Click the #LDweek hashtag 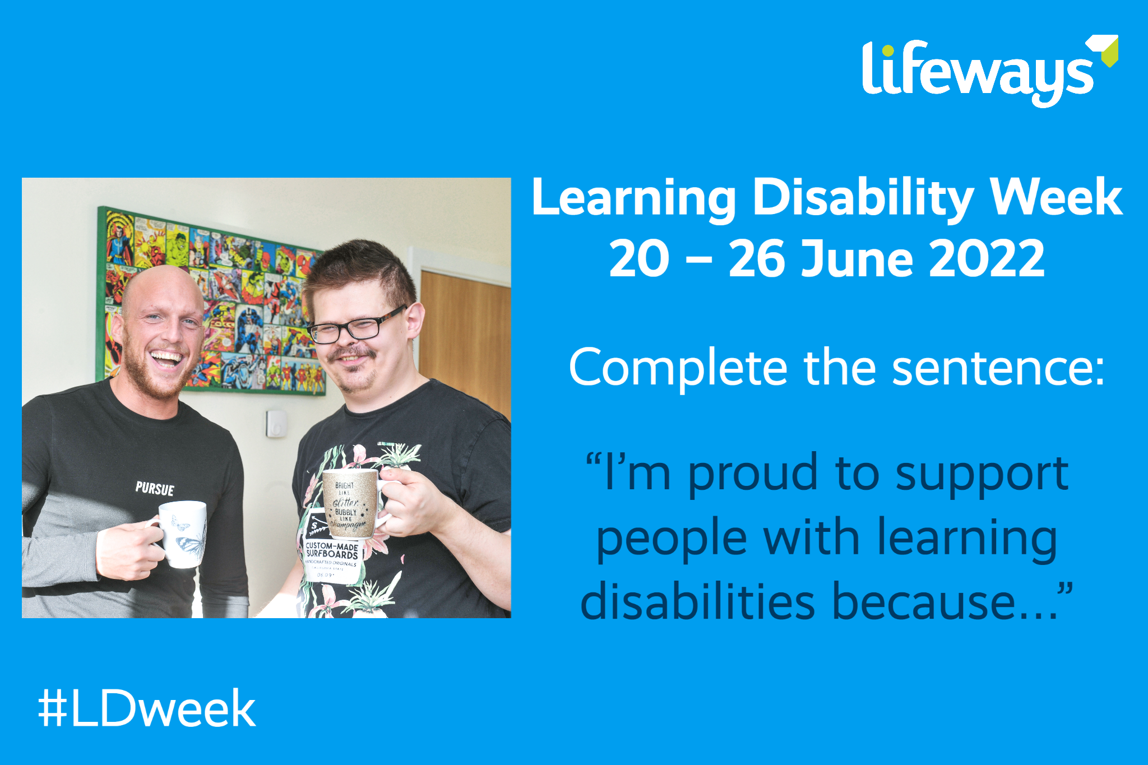coord(147,709)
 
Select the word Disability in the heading coord(863,198)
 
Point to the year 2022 coord(987,259)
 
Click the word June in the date coord(858,259)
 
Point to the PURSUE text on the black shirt coord(155,489)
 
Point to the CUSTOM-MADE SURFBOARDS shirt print coord(332,550)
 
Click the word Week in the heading coord(1057,198)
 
